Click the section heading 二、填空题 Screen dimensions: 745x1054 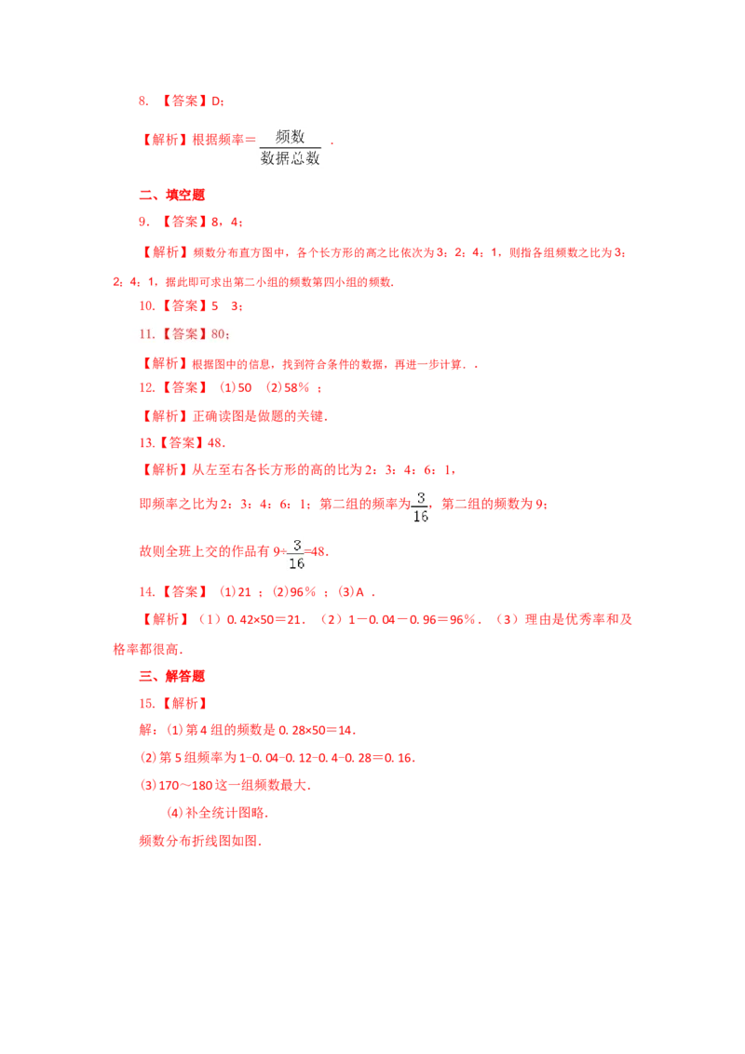click(x=171, y=195)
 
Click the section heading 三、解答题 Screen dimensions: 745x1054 click(x=171, y=676)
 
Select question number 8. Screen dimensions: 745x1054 click(x=143, y=101)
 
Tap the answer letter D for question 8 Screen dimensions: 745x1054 click(x=216, y=101)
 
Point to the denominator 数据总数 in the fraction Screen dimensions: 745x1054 click(x=290, y=158)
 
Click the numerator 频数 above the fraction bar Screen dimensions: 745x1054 click(x=290, y=137)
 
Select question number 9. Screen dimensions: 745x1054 click(x=143, y=222)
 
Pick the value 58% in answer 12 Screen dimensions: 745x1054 click(x=296, y=388)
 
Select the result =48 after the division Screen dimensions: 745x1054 click(x=316, y=552)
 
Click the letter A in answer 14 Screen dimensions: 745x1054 click(x=359, y=592)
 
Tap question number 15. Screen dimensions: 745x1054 click(x=146, y=704)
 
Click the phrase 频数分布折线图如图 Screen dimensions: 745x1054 click(x=198, y=841)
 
